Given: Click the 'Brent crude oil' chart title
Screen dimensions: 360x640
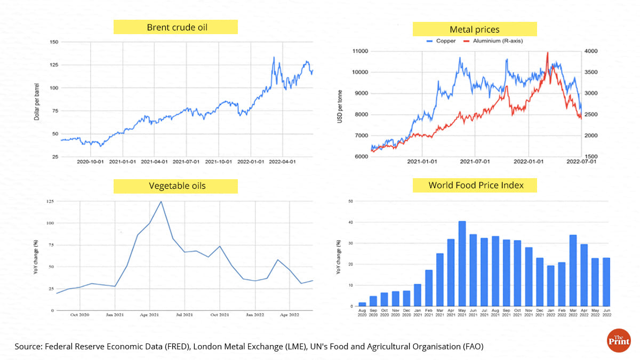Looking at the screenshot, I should pyautogui.click(x=175, y=27).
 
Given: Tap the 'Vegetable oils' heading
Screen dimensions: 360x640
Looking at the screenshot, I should pyautogui.click(x=175, y=186).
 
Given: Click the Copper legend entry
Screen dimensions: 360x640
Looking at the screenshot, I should pyautogui.click(x=442, y=41).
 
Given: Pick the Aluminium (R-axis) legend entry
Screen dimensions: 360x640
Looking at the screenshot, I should pyautogui.click(x=493, y=41).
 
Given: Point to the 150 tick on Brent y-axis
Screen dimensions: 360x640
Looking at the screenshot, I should pyautogui.click(x=53, y=42).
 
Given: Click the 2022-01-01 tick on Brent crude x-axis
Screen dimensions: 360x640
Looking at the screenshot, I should pyautogui.click(x=251, y=161).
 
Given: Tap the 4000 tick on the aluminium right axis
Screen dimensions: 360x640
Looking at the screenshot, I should pyautogui.click(x=591, y=51).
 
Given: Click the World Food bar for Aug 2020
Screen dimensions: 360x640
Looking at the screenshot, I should pyautogui.click(x=362, y=305).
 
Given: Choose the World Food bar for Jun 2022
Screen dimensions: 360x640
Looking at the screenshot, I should pyautogui.click(x=606, y=282).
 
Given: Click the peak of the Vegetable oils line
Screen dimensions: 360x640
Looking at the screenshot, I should pyautogui.click(x=161, y=202).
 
